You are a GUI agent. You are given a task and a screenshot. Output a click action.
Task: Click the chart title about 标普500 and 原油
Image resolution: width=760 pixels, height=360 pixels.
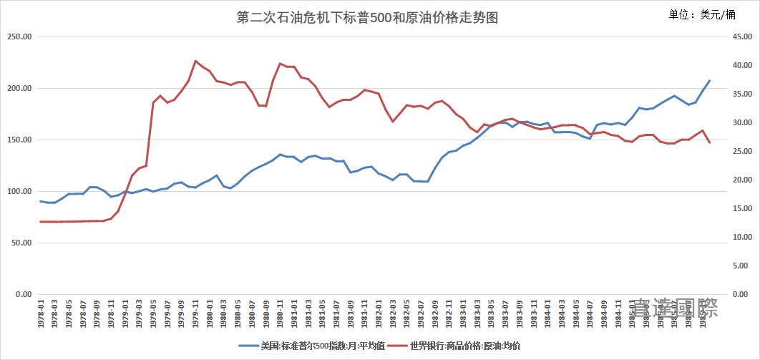(x=366, y=19)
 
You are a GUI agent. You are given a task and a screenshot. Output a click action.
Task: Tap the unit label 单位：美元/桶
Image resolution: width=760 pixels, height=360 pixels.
(x=701, y=14)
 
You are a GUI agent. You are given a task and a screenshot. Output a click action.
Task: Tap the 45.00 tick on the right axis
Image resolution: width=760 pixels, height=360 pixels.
(x=737, y=37)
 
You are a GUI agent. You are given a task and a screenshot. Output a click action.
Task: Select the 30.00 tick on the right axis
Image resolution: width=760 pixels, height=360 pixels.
(x=737, y=123)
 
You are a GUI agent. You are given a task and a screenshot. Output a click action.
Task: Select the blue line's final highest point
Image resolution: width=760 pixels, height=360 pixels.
(x=710, y=80)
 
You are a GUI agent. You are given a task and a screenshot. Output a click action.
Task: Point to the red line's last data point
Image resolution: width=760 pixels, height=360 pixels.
(x=710, y=143)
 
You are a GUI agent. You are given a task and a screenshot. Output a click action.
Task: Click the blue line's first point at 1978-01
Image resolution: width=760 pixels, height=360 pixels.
(x=41, y=201)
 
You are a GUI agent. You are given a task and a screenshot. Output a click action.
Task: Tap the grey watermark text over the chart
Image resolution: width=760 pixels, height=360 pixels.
(x=675, y=309)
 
